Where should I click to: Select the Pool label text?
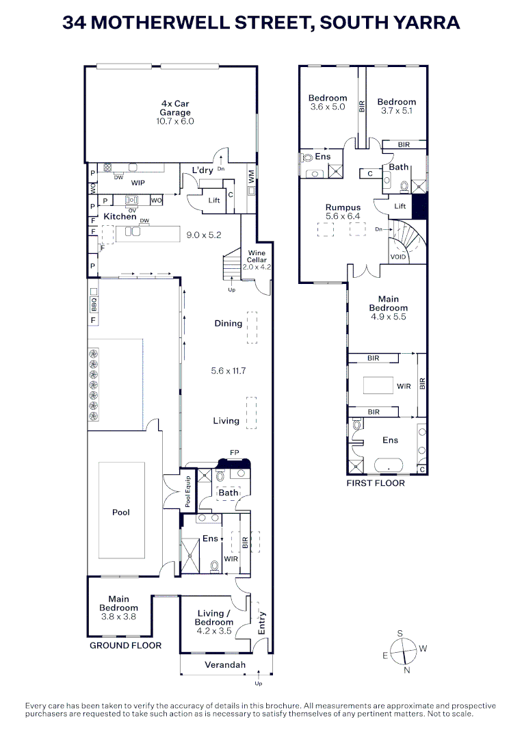coord(121,513)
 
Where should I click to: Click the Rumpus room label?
coord(343,207)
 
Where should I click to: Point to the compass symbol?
coord(404,651)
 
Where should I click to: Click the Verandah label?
coord(225,665)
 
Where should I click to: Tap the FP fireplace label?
coord(235,453)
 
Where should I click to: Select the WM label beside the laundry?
coord(252,177)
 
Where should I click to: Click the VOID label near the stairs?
coord(397,257)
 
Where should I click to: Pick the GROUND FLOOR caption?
coord(126,645)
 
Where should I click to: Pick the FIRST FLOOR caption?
coord(375,483)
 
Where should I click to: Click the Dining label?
coord(228,324)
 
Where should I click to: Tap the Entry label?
coord(261,623)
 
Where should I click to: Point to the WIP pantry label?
coord(138,183)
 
